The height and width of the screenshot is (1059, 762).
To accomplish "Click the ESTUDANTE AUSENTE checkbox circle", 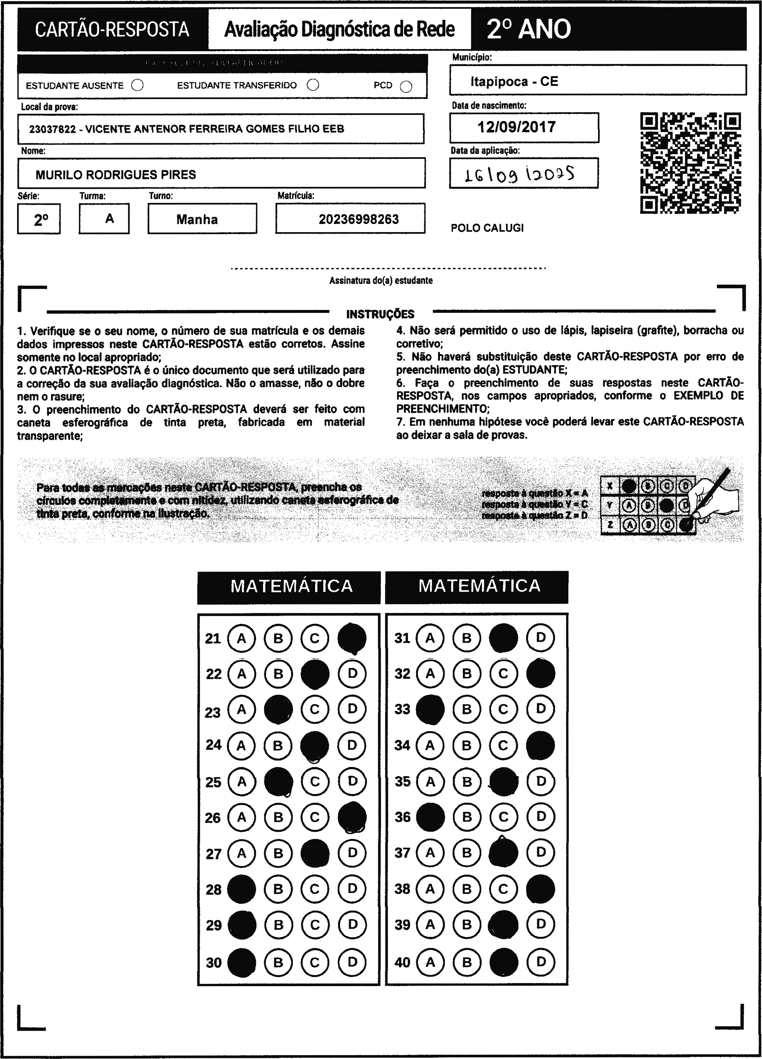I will [x=137, y=85].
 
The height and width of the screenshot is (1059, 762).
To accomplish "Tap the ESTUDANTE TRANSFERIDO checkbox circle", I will [x=313, y=85].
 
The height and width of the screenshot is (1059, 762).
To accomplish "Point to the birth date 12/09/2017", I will [x=516, y=127].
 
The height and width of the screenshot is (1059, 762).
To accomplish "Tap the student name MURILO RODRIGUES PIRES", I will [x=116, y=174].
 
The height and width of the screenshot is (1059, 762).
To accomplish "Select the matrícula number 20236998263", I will [x=359, y=219].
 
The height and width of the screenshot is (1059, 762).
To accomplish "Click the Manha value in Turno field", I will [x=197, y=219].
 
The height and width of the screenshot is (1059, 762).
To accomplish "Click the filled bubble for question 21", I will [x=352, y=638].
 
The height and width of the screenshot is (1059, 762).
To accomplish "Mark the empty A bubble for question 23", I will [x=242, y=710].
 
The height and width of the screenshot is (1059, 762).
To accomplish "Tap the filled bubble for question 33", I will [x=430, y=710].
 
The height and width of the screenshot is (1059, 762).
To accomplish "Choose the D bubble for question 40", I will [x=541, y=962].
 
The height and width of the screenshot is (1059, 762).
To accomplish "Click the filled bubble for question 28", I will [x=242, y=889].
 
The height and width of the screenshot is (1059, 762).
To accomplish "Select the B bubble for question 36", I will [x=466, y=817].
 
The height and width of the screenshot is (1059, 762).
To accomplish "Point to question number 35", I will [x=402, y=782].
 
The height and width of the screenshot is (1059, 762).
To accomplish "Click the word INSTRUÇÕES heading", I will [x=380, y=314].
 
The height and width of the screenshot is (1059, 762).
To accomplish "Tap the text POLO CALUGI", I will [x=487, y=228].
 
